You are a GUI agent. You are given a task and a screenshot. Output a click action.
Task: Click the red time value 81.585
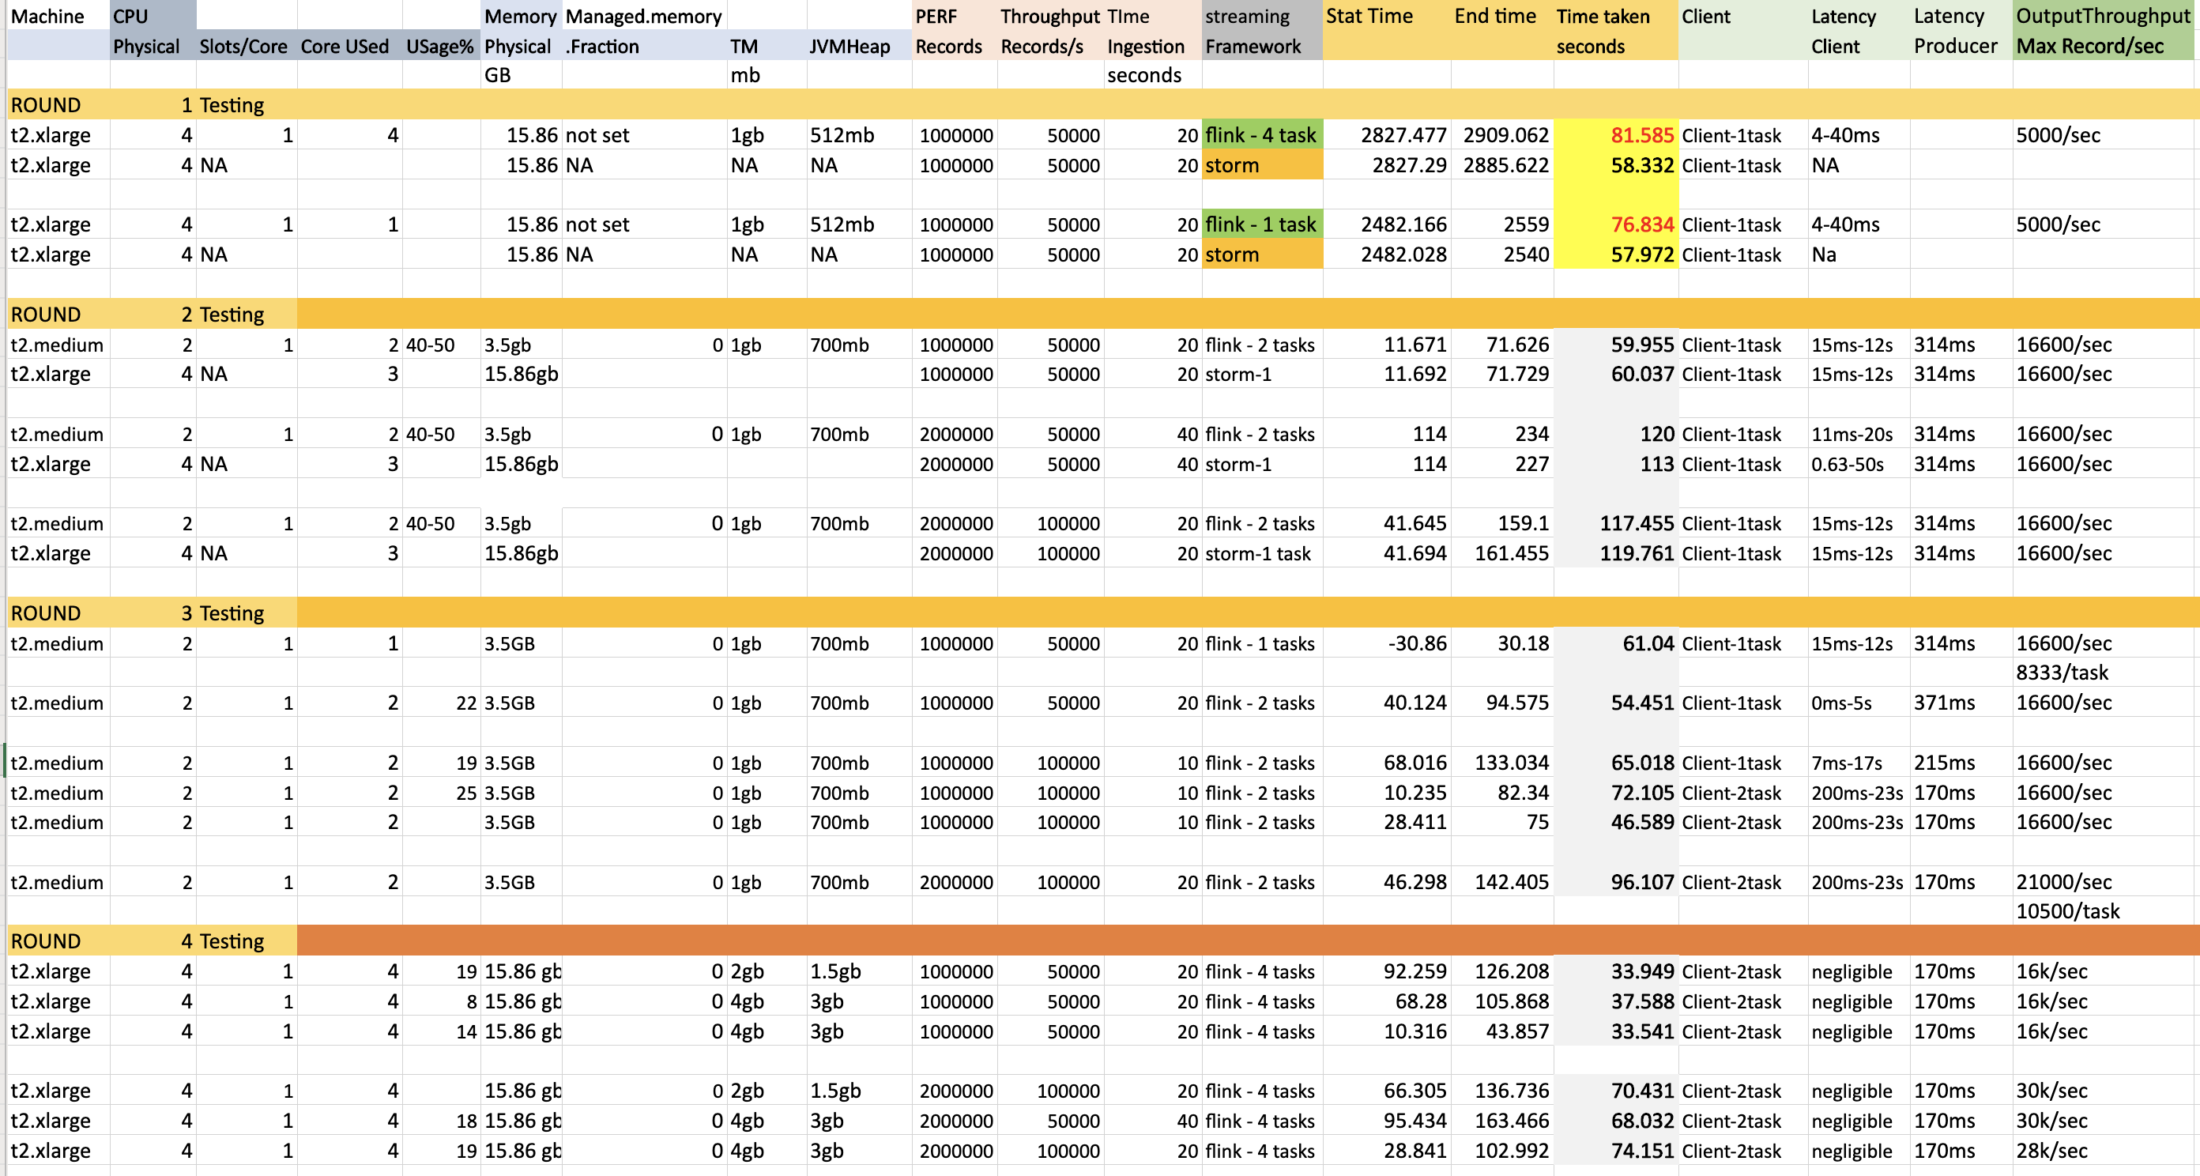(1641, 135)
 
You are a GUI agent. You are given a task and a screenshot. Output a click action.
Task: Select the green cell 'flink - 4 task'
(1260, 135)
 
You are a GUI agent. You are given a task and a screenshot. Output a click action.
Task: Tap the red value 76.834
(1641, 224)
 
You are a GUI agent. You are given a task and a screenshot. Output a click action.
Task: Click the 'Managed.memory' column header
(643, 17)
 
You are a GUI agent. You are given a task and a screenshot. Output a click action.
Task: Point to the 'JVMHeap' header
(849, 46)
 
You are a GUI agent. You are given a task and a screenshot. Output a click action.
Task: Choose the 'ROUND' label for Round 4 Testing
(45, 941)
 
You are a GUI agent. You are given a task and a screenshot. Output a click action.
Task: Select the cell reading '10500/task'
(2066, 911)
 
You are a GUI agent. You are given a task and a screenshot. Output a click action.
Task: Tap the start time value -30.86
(1417, 643)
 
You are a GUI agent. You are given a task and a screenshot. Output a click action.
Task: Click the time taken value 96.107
(1641, 882)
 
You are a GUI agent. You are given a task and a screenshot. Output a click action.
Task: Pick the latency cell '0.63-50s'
(1847, 464)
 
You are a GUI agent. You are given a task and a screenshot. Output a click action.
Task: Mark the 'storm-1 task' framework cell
(1257, 553)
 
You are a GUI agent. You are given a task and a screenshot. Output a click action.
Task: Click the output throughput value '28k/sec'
(2051, 1151)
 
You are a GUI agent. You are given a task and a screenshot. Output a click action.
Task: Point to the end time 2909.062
(1505, 135)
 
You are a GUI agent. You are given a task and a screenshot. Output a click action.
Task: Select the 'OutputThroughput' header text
(2103, 17)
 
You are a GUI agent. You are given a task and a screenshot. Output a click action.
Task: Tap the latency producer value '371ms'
(1944, 703)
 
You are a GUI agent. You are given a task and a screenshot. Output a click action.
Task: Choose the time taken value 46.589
(1641, 823)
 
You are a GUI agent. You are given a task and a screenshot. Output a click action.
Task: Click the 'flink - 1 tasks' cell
(1260, 643)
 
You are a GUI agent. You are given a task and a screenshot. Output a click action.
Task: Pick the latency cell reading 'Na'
(1823, 254)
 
